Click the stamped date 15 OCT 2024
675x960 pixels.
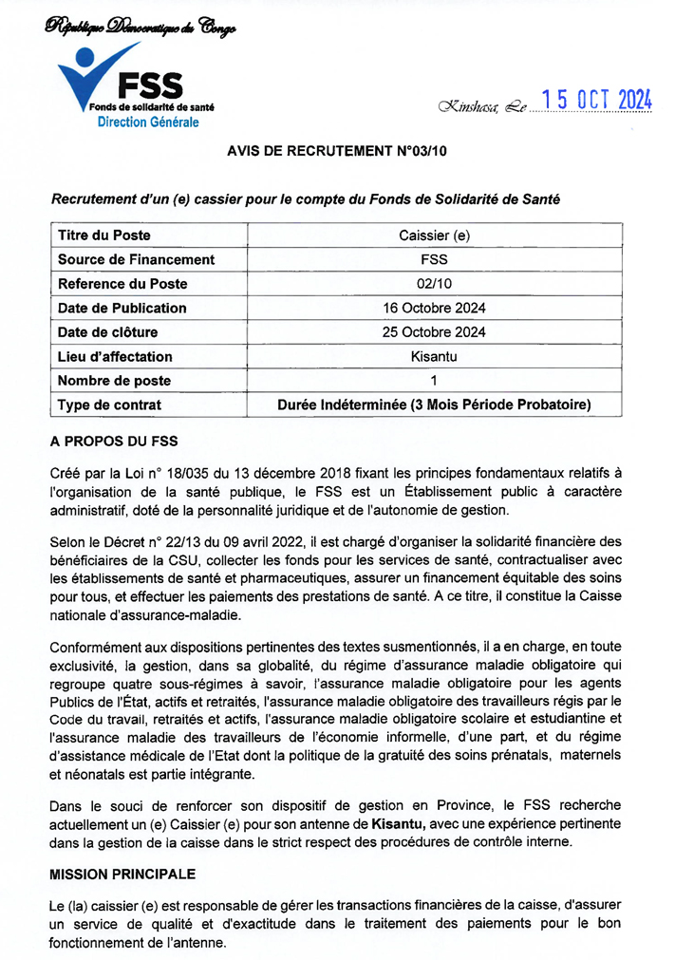coord(595,101)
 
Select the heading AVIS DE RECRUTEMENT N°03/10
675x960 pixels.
coord(336,151)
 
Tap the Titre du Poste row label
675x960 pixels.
coord(104,235)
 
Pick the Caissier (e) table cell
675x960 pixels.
coord(434,235)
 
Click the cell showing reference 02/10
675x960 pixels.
coord(434,283)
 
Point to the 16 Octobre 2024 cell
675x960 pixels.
coord(434,308)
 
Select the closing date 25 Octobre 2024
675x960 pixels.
coord(434,331)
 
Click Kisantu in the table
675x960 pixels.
coord(434,356)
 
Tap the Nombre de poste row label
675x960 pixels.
coord(114,381)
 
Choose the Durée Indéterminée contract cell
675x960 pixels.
coord(434,405)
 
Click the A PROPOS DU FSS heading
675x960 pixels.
coord(113,442)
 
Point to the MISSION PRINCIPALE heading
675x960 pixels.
coord(122,873)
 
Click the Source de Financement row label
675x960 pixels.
coord(136,259)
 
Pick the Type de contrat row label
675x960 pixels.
coord(109,405)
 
